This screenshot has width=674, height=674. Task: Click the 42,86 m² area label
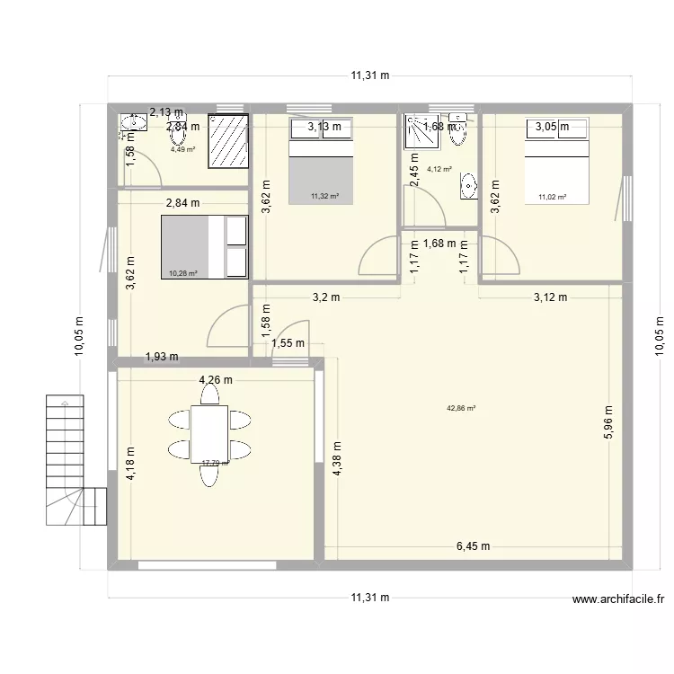461,408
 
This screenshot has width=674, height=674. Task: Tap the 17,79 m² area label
215,464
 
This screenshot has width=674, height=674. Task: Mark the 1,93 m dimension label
162,357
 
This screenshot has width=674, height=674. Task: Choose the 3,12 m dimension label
550,298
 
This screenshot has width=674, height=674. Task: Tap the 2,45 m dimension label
414,172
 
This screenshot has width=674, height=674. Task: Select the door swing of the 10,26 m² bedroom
229,326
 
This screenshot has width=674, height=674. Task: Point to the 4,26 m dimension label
216,380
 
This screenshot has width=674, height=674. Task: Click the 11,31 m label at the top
370,76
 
